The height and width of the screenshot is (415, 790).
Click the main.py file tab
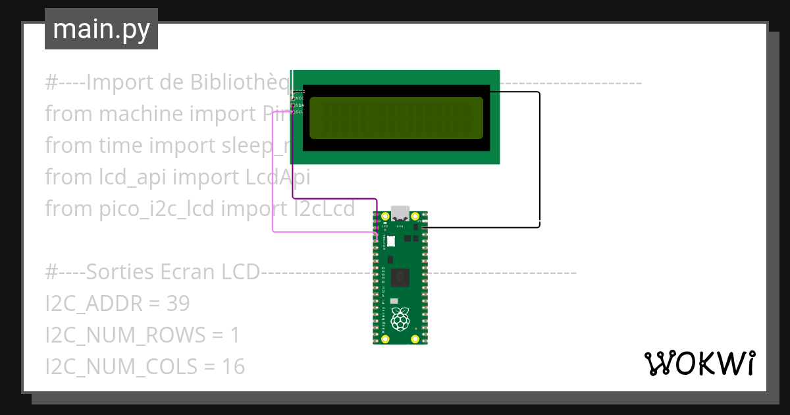point(101,29)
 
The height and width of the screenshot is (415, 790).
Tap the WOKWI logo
point(698,363)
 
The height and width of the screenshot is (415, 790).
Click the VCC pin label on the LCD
point(300,98)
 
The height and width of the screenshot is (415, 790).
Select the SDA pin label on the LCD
point(300,105)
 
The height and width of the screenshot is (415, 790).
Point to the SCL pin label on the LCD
point(300,111)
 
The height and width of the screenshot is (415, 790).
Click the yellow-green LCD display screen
point(396,118)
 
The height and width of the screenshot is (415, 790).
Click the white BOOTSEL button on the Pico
point(390,241)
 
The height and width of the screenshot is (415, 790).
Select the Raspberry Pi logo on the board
point(400,320)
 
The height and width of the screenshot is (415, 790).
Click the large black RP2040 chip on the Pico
point(400,279)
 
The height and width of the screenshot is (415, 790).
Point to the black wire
point(539,158)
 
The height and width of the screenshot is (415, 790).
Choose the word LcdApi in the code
point(277,177)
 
